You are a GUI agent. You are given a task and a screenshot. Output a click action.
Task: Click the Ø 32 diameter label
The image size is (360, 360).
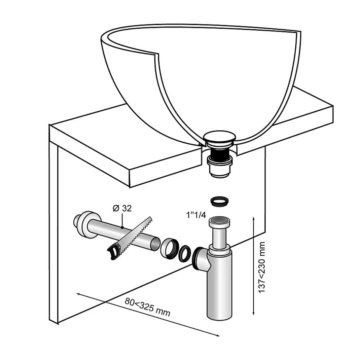(122, 208)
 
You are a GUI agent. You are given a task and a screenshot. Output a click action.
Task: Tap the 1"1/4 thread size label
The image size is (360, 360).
(196, 215)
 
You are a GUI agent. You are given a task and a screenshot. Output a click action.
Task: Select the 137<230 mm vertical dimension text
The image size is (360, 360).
(262, 267)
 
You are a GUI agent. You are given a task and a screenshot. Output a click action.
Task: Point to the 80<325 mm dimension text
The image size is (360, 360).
(147, 307)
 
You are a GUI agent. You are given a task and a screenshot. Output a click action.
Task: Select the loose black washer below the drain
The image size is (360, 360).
(219, 201)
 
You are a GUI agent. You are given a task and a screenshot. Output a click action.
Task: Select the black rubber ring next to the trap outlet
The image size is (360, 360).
(185, 254)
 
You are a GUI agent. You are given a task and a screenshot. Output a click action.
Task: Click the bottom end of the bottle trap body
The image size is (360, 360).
(220, 317)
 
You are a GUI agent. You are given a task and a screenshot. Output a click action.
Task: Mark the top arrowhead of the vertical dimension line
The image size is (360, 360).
(253, 218)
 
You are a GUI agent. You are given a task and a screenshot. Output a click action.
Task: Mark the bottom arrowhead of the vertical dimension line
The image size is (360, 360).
(253, 314)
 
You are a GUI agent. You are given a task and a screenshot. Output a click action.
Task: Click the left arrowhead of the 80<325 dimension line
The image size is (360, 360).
(78, 294)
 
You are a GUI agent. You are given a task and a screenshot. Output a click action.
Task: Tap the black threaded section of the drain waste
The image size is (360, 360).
(219, 152)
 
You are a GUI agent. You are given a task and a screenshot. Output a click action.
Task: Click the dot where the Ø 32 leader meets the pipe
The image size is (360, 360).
(123, 227)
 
